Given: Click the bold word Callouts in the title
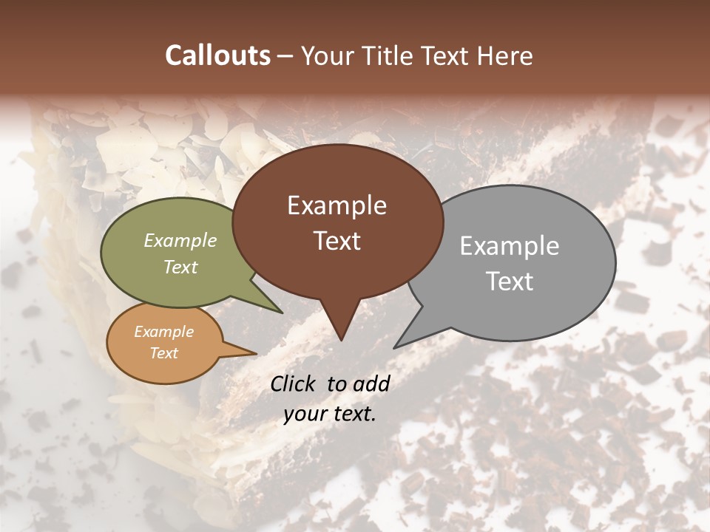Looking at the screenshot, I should pyautogui.click(x=217, y=55).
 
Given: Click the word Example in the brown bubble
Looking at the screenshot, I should pyautogui.click(x=337, y=205).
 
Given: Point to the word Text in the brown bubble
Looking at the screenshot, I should pyautogui.click(x=337, y=241).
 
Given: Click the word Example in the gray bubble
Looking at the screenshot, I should pyautogui.click(x=510, y=246).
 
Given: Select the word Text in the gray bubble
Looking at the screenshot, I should pyautogui.click(x=510, y=282).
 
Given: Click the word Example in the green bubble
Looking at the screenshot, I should pyautogui.click(x=180, y=241).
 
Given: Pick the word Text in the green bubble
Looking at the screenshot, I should pyautogui.click(x=180, y=267).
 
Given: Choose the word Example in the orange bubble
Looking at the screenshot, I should pyautogui.click(x=163, y=332).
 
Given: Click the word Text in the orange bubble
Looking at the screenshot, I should pyautogui.click(x=163, y=353).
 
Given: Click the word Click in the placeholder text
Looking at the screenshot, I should pyautogui.click(x=294, y=383).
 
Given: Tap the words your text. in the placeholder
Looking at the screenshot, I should pyautogui.click(x=329, y=414).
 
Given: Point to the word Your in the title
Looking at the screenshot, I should pyautogui.click(x=328, y=55).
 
